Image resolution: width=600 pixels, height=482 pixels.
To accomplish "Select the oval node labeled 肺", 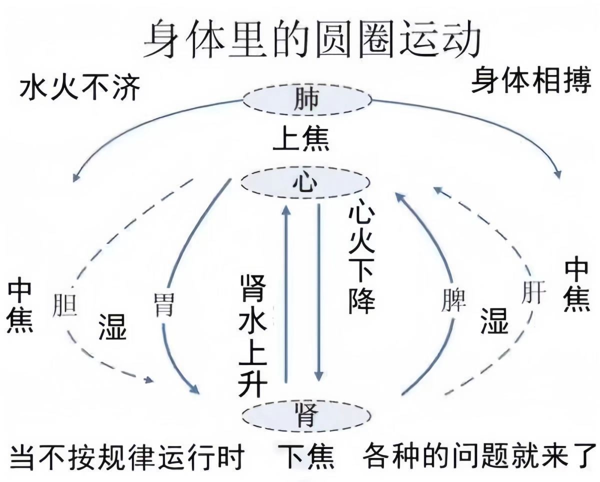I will click(306, 100).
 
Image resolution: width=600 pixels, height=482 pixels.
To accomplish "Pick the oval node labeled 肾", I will click(306, 414).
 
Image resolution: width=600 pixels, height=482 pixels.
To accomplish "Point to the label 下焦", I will click(306, 456).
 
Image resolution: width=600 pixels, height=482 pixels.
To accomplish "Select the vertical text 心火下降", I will click(361, 257).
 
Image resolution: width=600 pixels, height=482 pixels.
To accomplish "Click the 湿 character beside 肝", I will click(494, 320).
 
